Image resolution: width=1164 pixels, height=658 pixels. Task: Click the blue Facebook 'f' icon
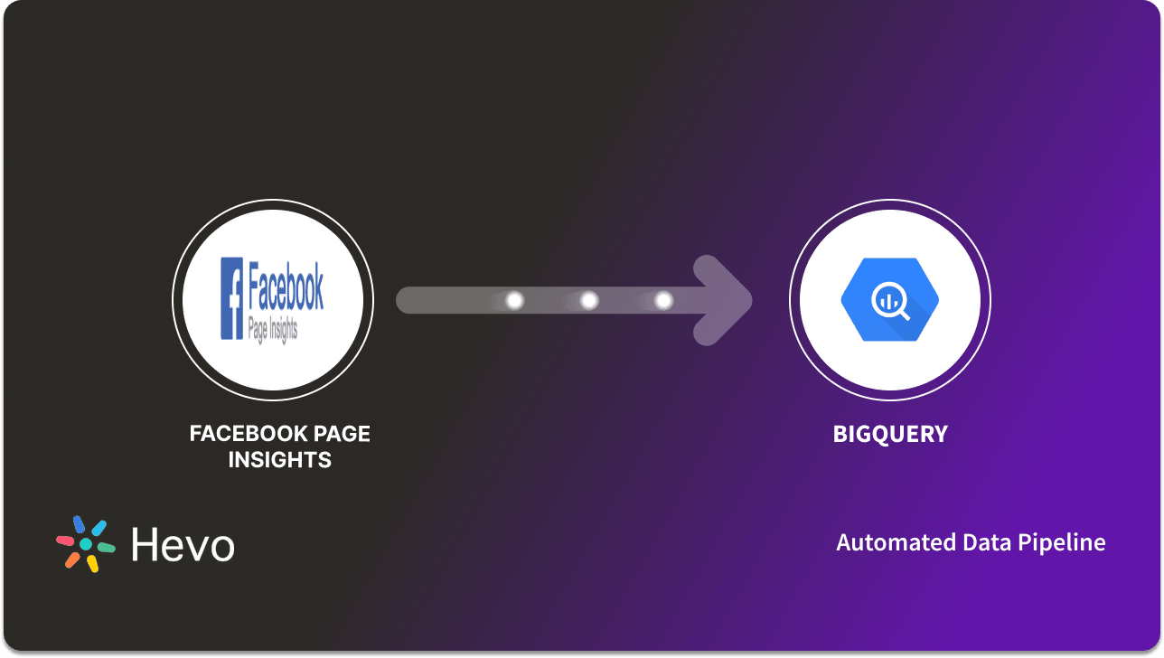232,298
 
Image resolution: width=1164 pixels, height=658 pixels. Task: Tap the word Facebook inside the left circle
286,285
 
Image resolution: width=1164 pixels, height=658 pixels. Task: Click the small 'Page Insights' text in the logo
272,329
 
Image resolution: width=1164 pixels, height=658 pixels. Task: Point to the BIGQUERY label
890,434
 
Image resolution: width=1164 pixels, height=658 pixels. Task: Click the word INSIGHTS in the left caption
279,460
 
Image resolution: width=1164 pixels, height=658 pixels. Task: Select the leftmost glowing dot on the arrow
515,300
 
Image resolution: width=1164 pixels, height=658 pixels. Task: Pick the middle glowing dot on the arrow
589,300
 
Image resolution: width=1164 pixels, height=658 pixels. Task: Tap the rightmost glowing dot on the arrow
663,300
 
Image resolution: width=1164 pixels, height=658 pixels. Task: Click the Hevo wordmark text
183,545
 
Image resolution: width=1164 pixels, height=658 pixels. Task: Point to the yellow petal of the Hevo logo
92,564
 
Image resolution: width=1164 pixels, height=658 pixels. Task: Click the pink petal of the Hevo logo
65,540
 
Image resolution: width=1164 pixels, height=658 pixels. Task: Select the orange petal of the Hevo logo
72,560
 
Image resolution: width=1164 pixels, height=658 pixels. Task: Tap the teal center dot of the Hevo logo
86,544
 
